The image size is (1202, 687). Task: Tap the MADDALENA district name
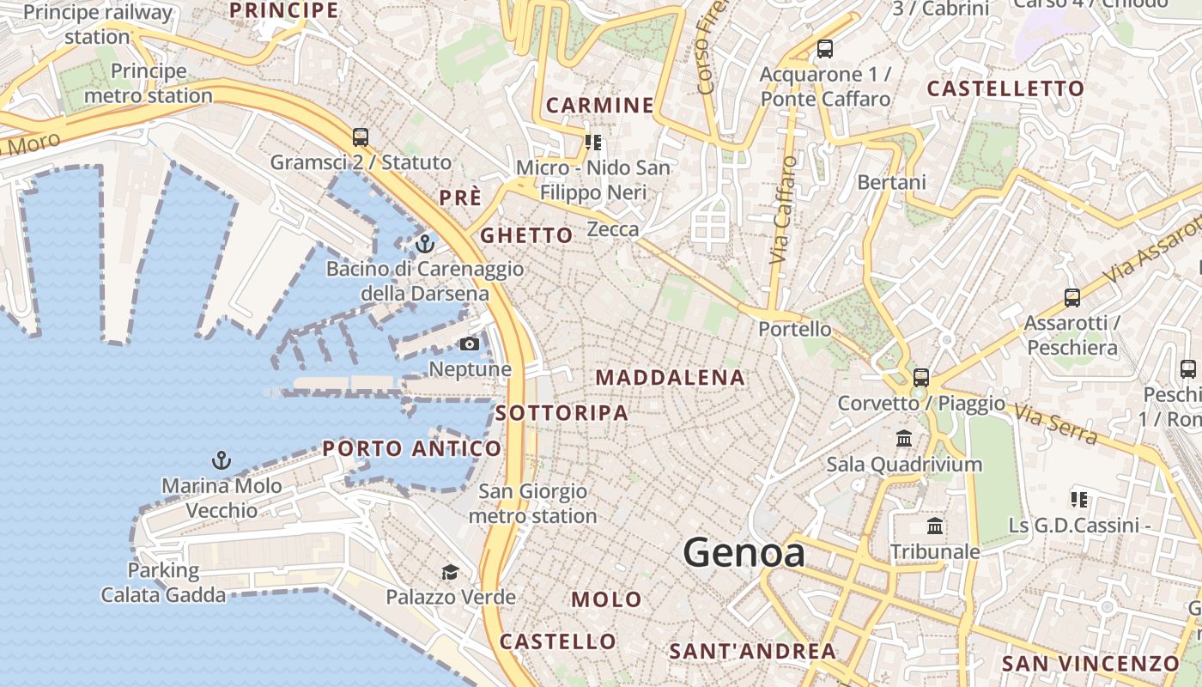point(671,378)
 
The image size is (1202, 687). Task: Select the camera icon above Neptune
point(469,344)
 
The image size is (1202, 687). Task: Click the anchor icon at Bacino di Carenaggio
point(424,245)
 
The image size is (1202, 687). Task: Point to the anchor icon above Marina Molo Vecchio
point(222,461)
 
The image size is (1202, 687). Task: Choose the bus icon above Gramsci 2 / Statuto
point(361,137)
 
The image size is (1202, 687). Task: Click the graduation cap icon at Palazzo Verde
point(450,573)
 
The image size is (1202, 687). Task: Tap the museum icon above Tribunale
point(935,526)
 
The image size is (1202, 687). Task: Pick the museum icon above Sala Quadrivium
point(903,439)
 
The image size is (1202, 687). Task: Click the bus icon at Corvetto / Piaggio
point(921,377)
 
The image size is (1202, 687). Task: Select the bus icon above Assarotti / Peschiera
point(1072,298)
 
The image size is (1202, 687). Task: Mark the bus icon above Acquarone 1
point(825,49)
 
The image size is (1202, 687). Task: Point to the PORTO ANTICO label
point(412,448)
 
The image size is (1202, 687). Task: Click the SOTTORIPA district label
point(562,413)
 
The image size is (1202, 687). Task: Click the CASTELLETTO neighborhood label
point(1006,88)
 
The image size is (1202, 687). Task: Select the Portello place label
point(795,329)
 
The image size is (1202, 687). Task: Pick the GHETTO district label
point(526,235)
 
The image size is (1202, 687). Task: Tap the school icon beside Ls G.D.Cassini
point(1079,499)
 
